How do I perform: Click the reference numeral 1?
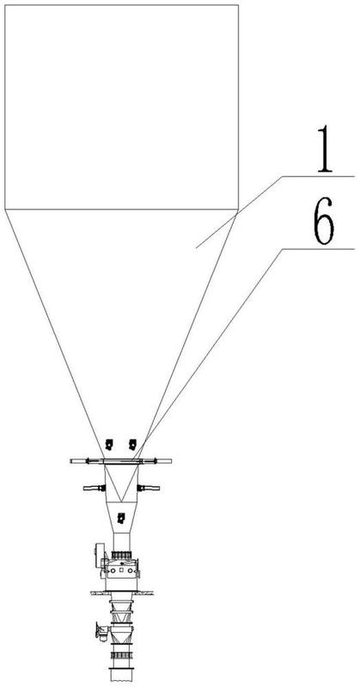pyautogui.click(x=325, y=149)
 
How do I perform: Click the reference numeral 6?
pyautogui.click(x=325, y=221)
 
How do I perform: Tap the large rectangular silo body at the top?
pyautogui.click(x=121, y=106)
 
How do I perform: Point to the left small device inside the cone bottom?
pyautogui.click(x=109, y=444)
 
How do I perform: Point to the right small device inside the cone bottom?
pyautogui.click(x=132, y=444)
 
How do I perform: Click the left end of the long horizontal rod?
pyautogui.click(x=71, y=461)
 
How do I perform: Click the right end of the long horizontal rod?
pyautogui.click(x=171, y=461)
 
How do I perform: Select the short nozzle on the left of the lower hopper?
pyautogui.click(x=95, y=488)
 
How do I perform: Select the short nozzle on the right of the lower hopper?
pyautogui.click(x=149, y=488)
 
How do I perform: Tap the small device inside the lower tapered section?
pyautogui.click(x=121, y=519)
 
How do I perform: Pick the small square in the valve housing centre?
pyautogui.click(x=121, y=570)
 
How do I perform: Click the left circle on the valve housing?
pyautogui.click(x=113, y=570)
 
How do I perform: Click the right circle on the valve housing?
pyautogui.click(x=130, y=570)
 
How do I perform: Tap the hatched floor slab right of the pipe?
pyautogui.click(x=143, y=593)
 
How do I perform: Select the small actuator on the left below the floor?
pyautogui.click(x=102, y=632)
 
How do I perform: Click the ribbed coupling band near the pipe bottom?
pyautogui.click(x=121, y=655)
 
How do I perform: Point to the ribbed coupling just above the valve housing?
pyautogui.click(x=122, y=555)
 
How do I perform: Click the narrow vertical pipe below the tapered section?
pyautogui.click(x=121, y=542)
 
